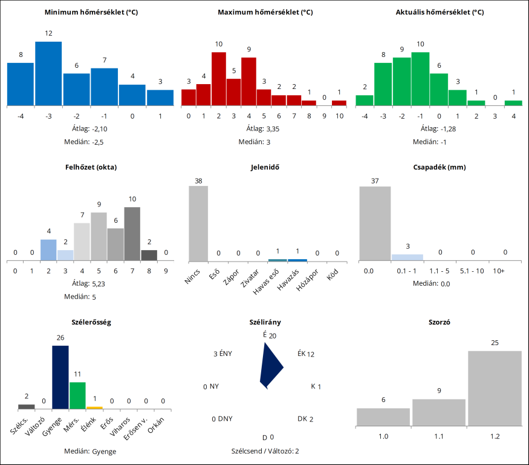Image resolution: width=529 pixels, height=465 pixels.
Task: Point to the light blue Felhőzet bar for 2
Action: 48,250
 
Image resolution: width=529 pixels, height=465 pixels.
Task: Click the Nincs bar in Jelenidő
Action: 198,223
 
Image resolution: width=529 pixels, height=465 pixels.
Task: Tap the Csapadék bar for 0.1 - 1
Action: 407,257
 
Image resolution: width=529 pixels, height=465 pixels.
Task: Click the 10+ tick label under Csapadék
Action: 499,271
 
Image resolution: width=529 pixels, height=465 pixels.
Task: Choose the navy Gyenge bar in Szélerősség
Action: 60,377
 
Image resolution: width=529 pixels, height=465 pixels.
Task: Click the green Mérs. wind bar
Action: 77,395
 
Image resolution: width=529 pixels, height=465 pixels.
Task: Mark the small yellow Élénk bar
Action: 94,407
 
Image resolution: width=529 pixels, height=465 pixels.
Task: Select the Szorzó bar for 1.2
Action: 495,387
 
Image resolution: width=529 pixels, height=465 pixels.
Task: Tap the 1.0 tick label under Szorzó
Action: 383,435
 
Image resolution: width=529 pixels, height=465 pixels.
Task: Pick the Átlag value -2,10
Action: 100,128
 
